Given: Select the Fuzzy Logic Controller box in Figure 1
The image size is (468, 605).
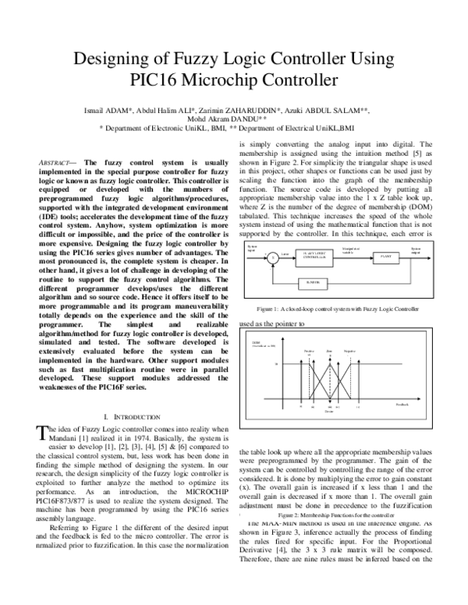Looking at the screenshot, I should coord(311,275).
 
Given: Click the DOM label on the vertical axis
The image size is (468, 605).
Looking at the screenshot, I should coord(255,363).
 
